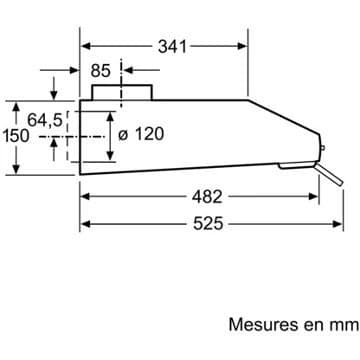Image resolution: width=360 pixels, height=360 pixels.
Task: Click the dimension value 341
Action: point(172,46)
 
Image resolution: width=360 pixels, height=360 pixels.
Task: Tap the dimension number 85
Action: point(101,70)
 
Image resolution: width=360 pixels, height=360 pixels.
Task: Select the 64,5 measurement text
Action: point(45,120)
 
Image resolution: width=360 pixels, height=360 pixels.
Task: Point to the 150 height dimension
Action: point(15,136)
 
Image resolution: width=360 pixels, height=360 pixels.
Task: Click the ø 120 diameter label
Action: point(141,134)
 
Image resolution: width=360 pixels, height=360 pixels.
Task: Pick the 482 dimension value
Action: point(207,197)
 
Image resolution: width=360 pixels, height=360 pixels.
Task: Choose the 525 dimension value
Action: point(208,224)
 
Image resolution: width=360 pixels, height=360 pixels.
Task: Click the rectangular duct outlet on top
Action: point(122,92)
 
